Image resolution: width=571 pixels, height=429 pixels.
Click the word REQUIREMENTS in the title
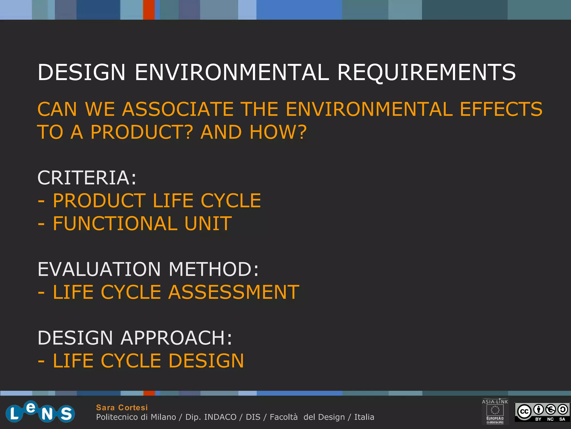[x=427, y=72]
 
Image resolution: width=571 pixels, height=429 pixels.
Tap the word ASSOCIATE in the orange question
[x=178, y=109]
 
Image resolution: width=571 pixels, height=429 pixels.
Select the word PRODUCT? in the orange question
[x=142, y=132]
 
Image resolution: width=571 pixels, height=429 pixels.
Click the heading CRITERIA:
[x=87, y=178]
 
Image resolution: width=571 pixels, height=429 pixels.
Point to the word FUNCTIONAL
[x=115, y=224]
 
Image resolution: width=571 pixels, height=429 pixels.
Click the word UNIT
[x=208, y=224]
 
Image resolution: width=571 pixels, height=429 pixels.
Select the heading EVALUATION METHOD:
[x=148, y=269]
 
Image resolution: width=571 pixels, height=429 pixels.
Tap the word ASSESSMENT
[x=234, y=292]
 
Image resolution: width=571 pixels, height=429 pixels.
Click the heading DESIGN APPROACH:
[x=135, y=338]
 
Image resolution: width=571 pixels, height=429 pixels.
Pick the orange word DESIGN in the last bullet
[x=206, y=361]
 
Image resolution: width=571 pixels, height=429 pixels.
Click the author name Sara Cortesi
[x=122, y=407]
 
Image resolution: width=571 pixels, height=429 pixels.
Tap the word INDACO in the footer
[x=220, y=417]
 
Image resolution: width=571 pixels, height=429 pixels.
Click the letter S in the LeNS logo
[x=66, y=414]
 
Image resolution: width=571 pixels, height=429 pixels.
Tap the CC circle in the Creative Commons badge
[x=524, y=411]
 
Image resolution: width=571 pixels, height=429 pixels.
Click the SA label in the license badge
[x=562, y=419]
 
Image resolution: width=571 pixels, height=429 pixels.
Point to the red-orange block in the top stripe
[x=149, y=10]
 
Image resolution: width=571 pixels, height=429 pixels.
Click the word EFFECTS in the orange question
[x=501, y=109]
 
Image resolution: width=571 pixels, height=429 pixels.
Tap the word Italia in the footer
[x=364, y=417]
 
